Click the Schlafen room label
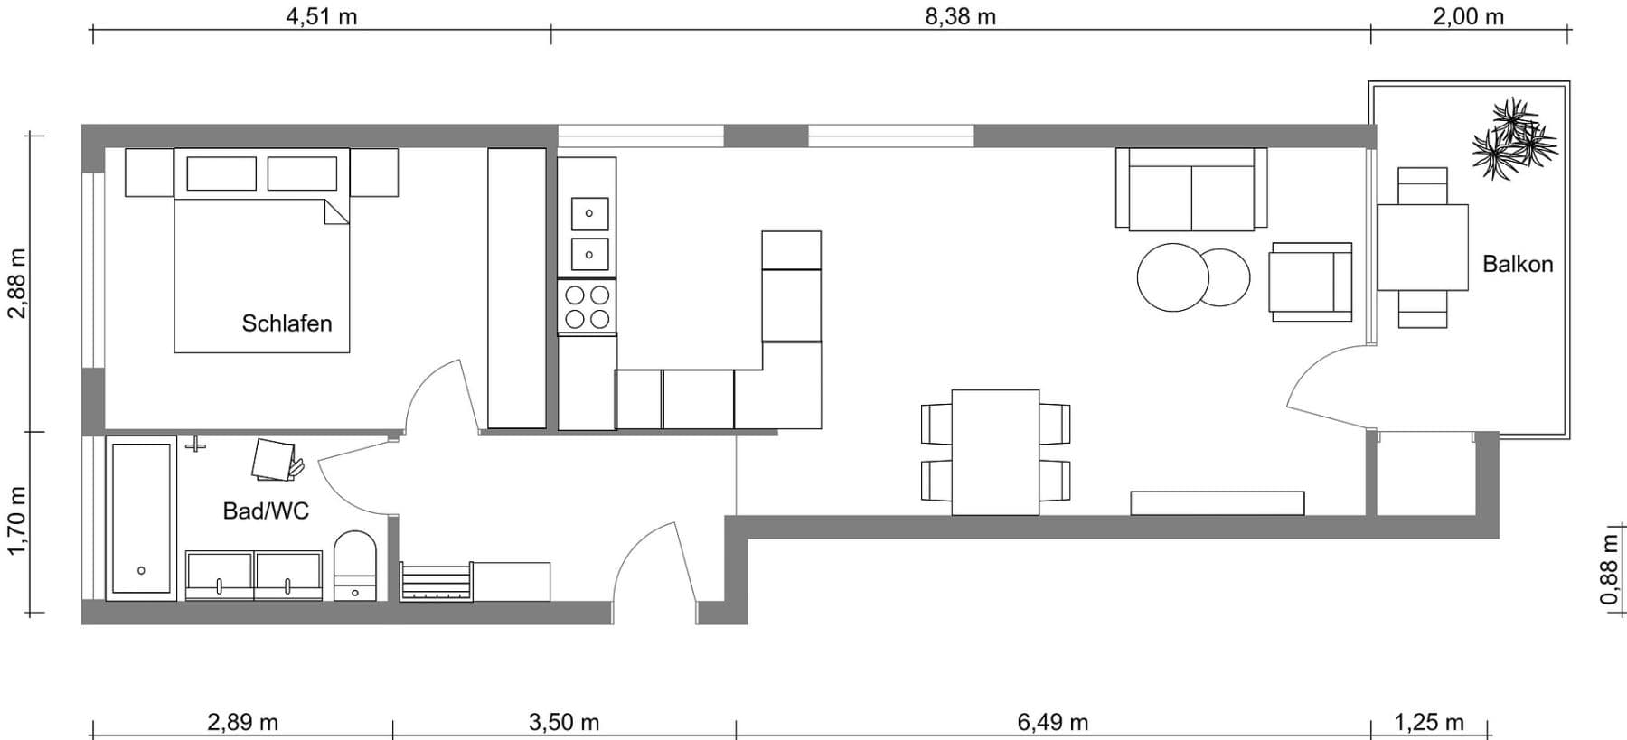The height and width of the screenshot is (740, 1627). (x=287, y=323)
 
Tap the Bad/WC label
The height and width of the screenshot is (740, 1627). (x=266, y=511)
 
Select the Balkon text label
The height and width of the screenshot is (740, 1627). (x=1518, y=264)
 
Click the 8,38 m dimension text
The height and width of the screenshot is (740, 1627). (x=960, y=17)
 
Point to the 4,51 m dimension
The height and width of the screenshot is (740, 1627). (x=321, y=17)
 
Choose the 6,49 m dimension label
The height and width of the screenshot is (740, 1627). (x=1052, y=723)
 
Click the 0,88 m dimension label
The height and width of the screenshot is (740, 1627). (x=1609, y=569)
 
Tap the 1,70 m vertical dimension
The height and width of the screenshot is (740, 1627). (x=16, y=521)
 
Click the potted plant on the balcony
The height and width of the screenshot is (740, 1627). (x=1515, y=139)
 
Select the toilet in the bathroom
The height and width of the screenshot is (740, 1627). (x=355, y=566)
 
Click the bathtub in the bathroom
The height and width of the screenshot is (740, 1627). (x=141, y=518)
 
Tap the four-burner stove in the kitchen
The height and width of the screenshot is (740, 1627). (x=587, y=306)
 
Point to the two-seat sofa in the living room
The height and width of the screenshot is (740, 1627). (x=1191, y=189)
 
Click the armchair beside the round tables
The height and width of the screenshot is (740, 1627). (x=1311, y=282)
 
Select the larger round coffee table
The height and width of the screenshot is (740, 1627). (x=1172, y=277)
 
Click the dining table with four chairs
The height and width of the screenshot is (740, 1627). (x=995, y=452)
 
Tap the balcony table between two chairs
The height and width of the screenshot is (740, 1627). (x=1422, y=248)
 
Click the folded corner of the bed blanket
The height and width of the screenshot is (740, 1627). (x=336, y=213)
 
